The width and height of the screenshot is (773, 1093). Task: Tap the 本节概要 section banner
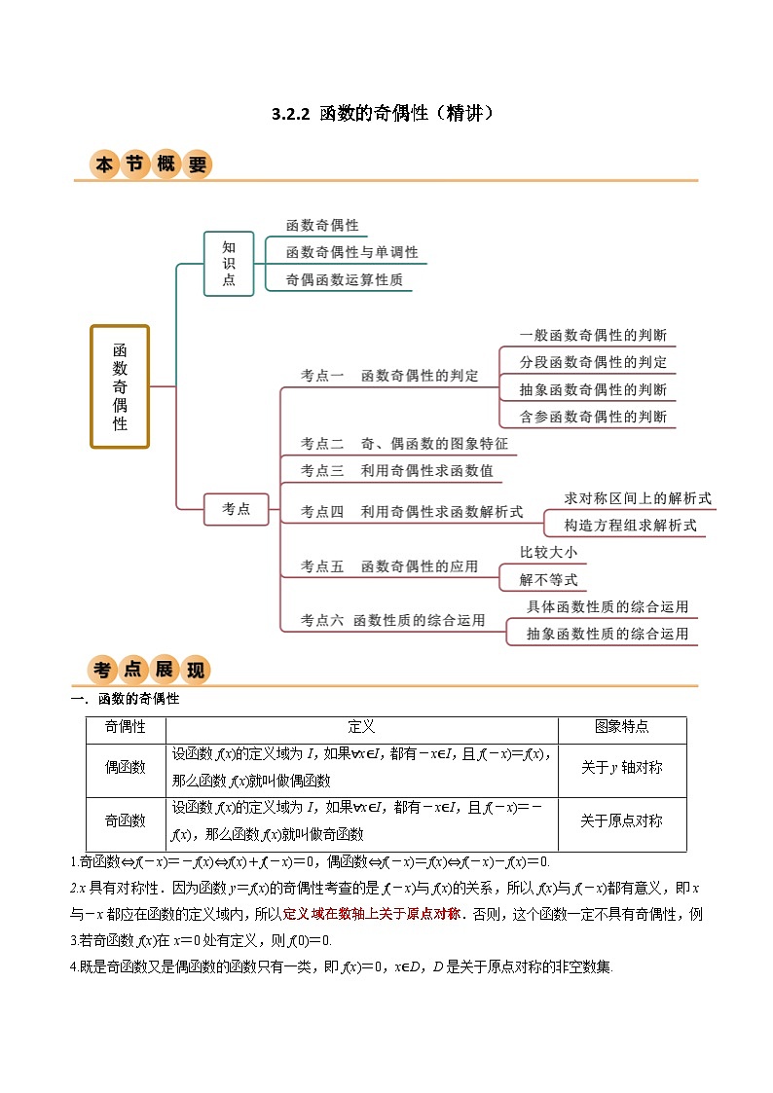pyautogui.click(x=151, y=164)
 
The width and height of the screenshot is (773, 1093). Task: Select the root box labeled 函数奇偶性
pyautogui.click(x=120, y=386)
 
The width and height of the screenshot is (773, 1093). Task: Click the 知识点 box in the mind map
pyautogui.click(x=229, y=263)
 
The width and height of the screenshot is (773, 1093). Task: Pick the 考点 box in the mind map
pyautogui.click(x=237, y=508)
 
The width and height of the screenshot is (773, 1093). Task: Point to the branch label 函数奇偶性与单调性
pyautogui.click(x=351, y=252)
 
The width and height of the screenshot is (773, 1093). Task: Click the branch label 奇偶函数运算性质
pyautogui.click(x=344, y=279)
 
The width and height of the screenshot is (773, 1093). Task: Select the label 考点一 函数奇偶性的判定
pyautogui.click(x=389, y=376)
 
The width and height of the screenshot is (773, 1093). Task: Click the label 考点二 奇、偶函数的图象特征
pyautogui.click(x=404, y=444)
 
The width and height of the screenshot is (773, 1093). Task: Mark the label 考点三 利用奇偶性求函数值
pyautogui.click(x=396, y=471)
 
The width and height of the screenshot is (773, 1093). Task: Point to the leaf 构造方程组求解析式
pyautogui.click(x=631, y=525)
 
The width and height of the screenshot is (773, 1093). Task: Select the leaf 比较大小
pyautogui.click(x=548, y=552)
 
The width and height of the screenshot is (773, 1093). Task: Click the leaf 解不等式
pyautogui.click(x=548, y=580)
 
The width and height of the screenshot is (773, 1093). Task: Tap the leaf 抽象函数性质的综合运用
pyautogui.click(x=607, y=634)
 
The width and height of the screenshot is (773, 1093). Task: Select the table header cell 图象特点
pyautogui.click(x=621, y=727)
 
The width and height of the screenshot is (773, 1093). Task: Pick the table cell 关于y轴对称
pyautogui.click(x=621, y=767)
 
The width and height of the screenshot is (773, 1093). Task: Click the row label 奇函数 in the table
pyautogui.click(x=126, y=820)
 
